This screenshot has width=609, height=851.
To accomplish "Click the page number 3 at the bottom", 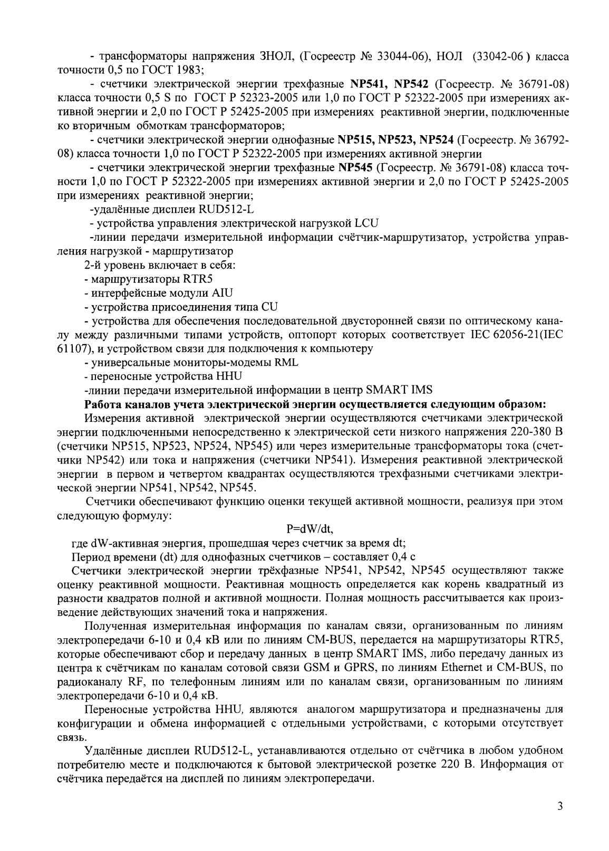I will [560, 821].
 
